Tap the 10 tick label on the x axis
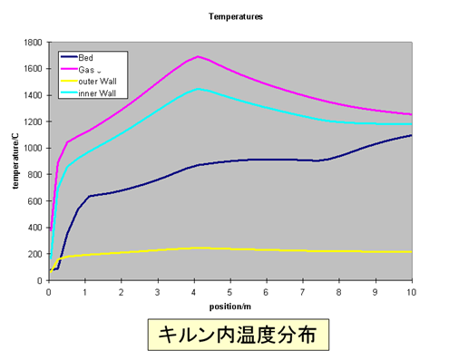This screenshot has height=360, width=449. click(412, 293)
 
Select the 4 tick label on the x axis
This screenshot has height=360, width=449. click(194, 293)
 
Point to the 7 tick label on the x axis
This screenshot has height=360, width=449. click(303, 293)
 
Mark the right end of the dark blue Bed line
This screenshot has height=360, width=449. click(412, 135)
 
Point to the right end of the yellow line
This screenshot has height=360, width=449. click(412, 252)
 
